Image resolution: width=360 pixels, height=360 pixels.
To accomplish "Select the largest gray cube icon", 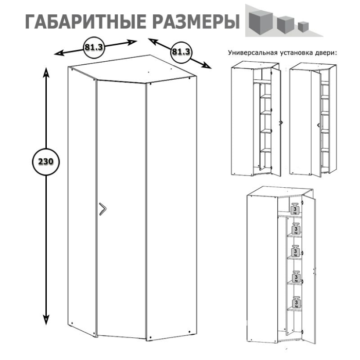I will coord(260,21).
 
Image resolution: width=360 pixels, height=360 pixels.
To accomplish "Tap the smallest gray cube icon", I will coord(304,26).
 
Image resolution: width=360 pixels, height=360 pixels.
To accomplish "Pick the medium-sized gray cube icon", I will coord(284,23).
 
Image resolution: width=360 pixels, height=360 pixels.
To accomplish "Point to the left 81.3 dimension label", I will coord(94,47).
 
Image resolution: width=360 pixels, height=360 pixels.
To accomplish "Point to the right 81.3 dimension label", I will coord(181,52).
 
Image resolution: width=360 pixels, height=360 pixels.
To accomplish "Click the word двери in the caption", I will coord(326,52).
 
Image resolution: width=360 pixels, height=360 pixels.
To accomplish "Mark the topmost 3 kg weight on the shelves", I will coord(295,209).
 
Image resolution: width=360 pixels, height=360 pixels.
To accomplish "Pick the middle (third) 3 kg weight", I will coord(296,251).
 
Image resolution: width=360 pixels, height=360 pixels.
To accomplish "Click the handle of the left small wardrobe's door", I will coord(280,122).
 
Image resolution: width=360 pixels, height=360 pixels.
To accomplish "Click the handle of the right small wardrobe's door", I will coord(319,125).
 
